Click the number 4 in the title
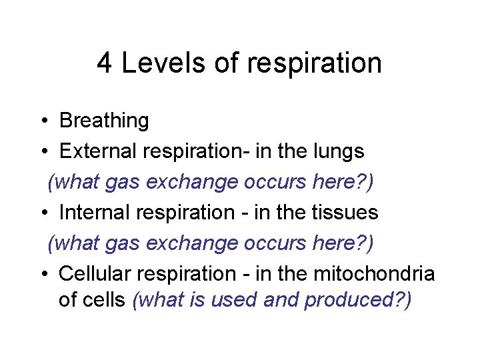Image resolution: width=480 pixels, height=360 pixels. point(105,63)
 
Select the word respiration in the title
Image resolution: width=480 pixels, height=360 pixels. point(314,63)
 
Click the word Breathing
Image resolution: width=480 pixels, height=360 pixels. point(104,121)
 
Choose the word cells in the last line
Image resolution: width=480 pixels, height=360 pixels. point(105,300)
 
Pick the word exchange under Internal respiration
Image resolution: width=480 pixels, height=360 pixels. point(195,243)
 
